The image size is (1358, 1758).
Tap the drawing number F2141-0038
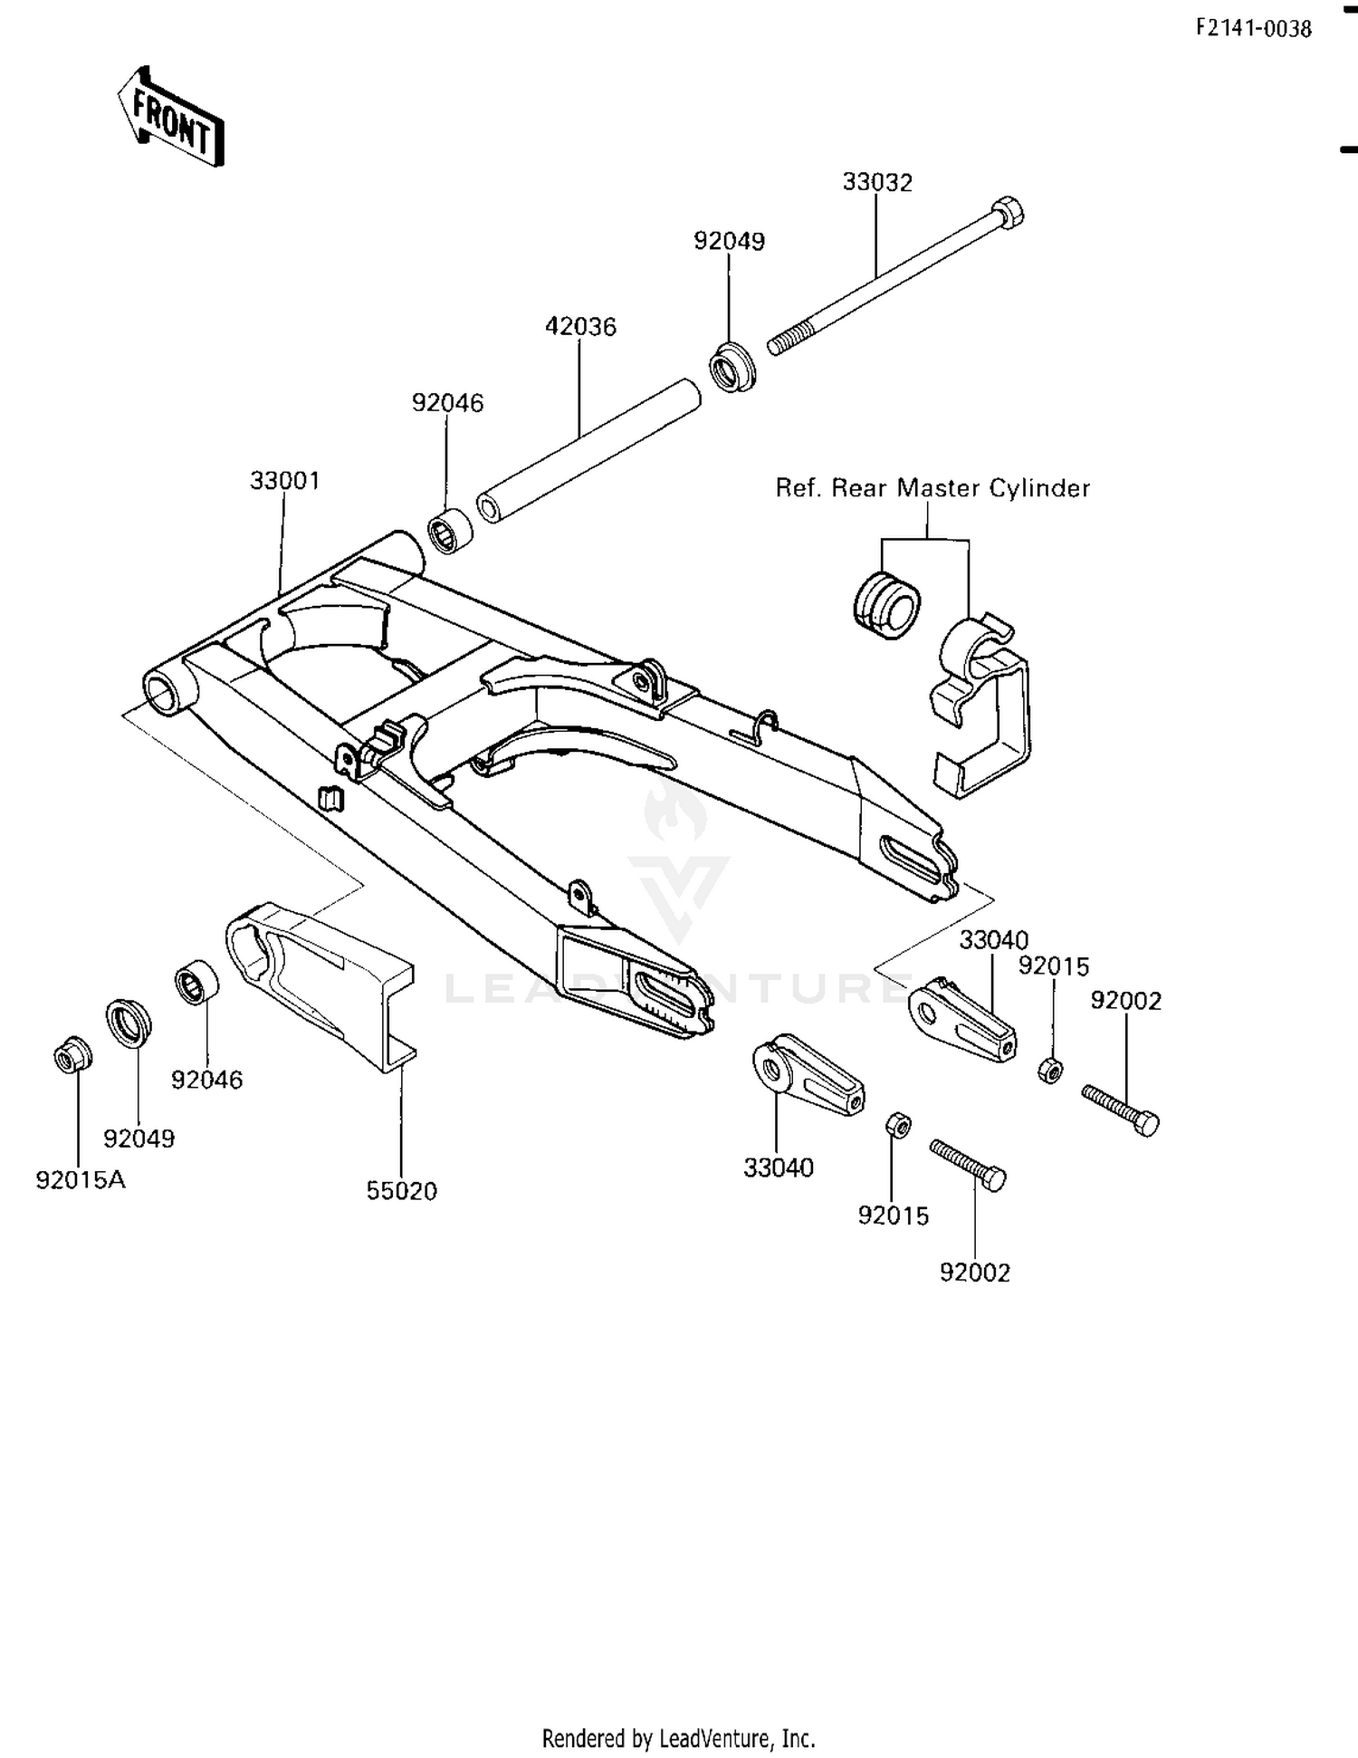click(x=1253, y=29)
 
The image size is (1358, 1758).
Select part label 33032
click(x=877, y=182)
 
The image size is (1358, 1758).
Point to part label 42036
click(x=580, y=326)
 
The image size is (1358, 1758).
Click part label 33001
click(x=285, y=480)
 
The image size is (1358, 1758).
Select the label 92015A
click(x=81, y=1180)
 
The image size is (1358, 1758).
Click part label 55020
click(x=401, y=1191)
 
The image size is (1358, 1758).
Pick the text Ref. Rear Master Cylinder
click(x=932, y=488)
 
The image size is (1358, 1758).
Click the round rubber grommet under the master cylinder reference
click(x=886, y=603)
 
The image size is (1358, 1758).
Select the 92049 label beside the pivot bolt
click(x=729, y=241)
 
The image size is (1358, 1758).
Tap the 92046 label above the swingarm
click(x=447, y=402)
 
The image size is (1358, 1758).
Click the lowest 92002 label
click(x=974, y=1273)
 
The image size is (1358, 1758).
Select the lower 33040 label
click(x=778, y=1168)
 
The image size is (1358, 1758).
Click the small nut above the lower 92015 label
click(x=897, y=1125)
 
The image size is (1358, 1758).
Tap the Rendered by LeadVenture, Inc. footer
click(x=678, y=1739)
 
